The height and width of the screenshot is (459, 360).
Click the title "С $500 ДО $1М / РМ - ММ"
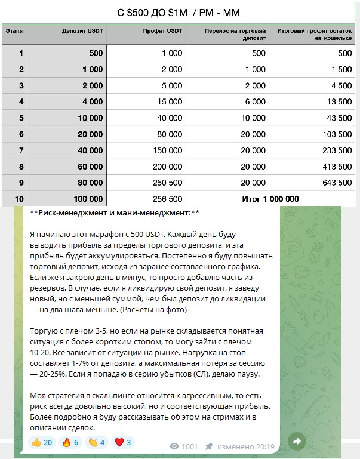tap(179, 13)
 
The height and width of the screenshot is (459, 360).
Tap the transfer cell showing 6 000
tap(254, 101)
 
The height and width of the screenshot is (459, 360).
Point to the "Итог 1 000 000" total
tap(270, 198)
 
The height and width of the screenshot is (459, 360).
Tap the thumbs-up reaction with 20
tap(42, 442)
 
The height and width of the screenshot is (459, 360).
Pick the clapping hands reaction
tap(96, 442)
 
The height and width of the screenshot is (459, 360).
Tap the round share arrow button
tap(297, 442)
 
